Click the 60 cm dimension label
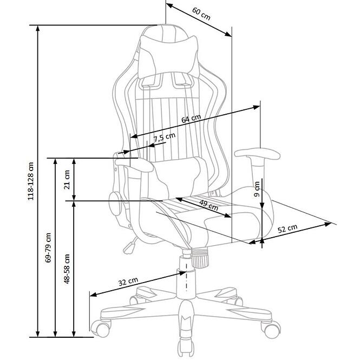click(x=201, y=14)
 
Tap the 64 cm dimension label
click(x=191, y=119)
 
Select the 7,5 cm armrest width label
click(x=165, y=138)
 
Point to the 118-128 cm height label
click(x=31, y=181)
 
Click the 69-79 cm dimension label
click(x=48, y=248)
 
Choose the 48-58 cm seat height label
click(x=67, y=269)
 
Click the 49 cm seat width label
click(x=208, y=205)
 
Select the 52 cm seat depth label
click(x=287, y=228)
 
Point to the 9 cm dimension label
click(x=257, y=189)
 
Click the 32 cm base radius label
click(x=128, y=282)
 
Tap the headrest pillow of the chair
click(x=169, y=57)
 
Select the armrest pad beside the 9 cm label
click(x=257, y=154)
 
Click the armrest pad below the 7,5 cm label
click(x=134, y=165)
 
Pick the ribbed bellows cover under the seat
click(x=200, y=258)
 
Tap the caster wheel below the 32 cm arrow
click(x=101, y=328)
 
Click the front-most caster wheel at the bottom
click(x=186, y=350)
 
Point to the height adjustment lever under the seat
click(x=130, y=246)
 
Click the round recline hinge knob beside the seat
click(x=115, y=204)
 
